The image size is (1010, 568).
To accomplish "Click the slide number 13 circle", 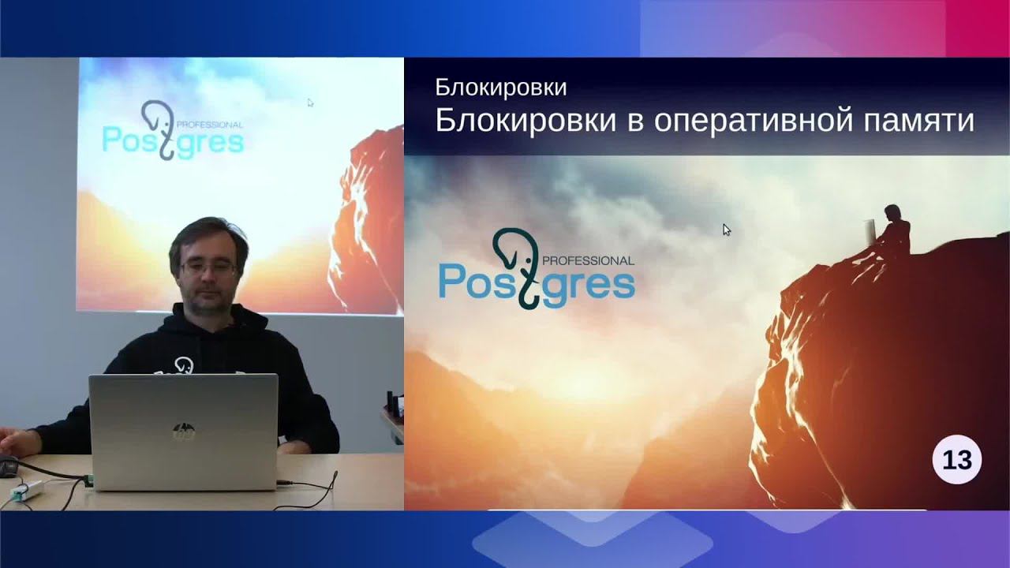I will click(956, 459).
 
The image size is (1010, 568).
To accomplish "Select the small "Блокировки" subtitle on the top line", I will click(500, 88).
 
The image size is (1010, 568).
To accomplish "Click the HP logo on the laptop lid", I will click(183, 431).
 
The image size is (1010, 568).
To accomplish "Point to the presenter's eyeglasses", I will click(208, 267).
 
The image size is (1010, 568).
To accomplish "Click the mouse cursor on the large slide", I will click(726, 230).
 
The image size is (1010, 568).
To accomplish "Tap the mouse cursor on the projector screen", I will click(310, 103).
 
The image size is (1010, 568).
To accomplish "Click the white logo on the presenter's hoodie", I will click(184, 365).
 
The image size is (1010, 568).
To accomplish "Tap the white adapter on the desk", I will click(27, 491).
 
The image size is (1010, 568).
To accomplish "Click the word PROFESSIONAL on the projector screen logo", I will click(210, 125).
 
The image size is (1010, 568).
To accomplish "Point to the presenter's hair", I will click(208, 234).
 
